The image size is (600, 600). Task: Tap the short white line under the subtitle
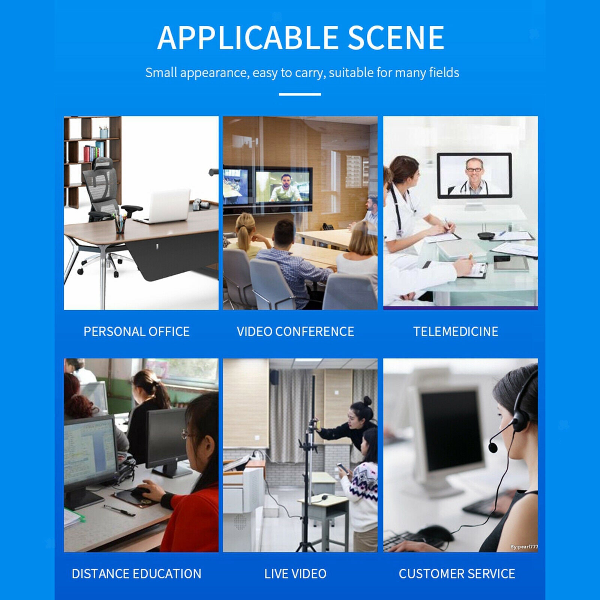pyautogui.click(x=300, y=94)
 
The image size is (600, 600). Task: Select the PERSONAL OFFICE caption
pyautogui.click(x=136, y=331)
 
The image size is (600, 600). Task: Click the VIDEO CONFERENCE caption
pyautogui.click(x=295, y=331)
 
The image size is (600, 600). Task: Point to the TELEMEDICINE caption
pyautogui.click(x=456, y=331)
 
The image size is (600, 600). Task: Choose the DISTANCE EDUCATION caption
pyautogui.click(x=136, y=574)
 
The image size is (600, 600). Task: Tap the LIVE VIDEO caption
pyautogui.click(x=295, y=574)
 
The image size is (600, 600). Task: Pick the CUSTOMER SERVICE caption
pyautogui.click(x=457, y=574)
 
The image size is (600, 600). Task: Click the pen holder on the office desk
pyautogui.click(x=120, y=224)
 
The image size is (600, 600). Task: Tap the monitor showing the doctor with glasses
pyautogui.click(x=474, y=175)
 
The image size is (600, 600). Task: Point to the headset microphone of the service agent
pyautogui.click(x=493, y=447)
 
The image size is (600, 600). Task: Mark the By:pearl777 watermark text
pyautogui.click(x=524, y=547)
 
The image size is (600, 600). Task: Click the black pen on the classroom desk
pyautogui.click(x=119, y=510)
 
